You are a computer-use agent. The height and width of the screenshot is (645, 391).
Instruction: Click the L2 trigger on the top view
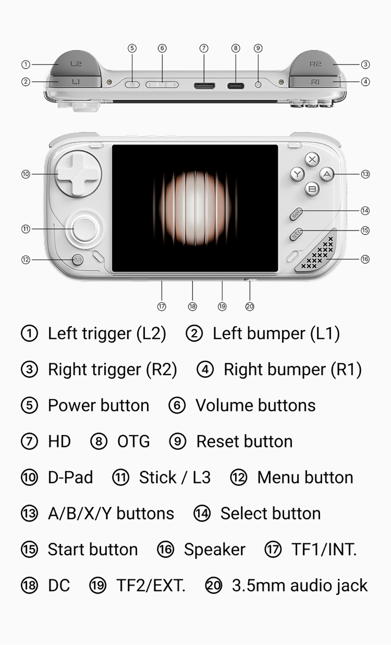pyautogui.click(x=76, y=63)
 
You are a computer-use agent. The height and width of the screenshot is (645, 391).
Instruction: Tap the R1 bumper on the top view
pyautogui.click(x=315, y=82)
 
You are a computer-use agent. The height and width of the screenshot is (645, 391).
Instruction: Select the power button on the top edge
pyautogui.click(x=132, y=85)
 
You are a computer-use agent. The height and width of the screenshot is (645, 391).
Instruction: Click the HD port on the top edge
pyautogui.click(x=204, y=86)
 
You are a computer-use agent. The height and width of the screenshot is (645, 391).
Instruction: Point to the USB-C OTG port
pyautogui.click(x=235, y=86)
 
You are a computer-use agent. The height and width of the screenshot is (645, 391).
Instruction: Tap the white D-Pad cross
pyautogui.click(x=78, y=174)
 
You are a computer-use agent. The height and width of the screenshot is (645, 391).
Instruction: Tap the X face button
pyautogui.click(x=312, y=159)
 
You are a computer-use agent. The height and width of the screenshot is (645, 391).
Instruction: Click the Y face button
pyautogui.click(x=297, y=174)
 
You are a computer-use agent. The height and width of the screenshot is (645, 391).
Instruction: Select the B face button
pyautogui.click(x=312, y=189)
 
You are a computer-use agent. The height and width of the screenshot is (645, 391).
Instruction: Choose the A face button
pyautogui.click(x=327, y=174)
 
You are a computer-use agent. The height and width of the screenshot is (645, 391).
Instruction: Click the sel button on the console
pyautogui.click(x=296, y=214)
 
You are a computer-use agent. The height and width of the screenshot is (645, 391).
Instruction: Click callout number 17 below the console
pyautogui.click(x=161, y=306)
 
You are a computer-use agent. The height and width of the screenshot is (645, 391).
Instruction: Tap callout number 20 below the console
pyautogui.click(x=250, y=306)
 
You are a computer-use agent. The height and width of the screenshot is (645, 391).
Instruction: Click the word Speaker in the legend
pyautogui.click(x=215, y=549)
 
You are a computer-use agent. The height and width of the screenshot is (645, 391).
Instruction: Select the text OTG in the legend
pyautogui.click(x=133, y=442)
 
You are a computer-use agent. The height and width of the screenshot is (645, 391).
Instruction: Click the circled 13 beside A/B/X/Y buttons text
pyautogui.click(x=29, y=514)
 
